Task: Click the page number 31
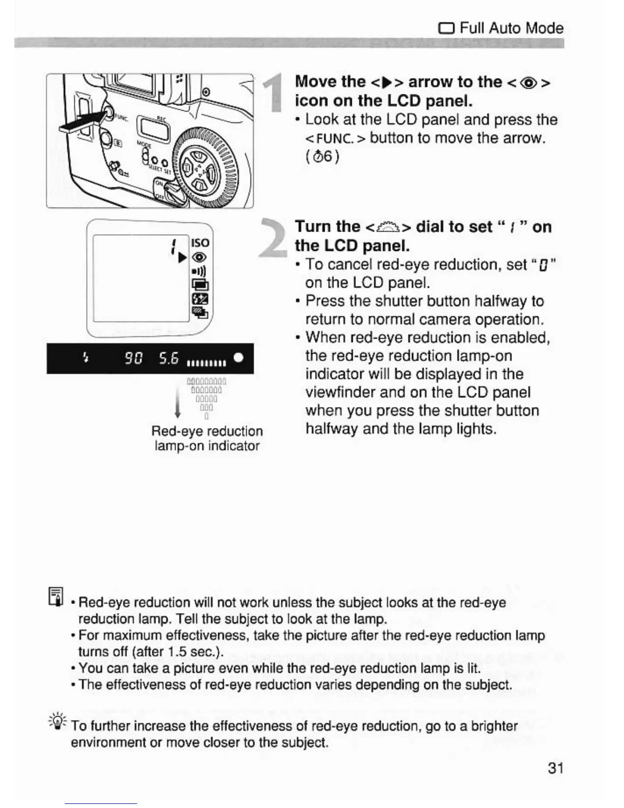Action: pos(555,768)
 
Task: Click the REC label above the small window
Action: pos(161,117)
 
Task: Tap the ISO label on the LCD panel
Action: pos(200,243)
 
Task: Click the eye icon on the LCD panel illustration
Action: pos(200,258)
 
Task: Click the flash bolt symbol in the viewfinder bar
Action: pos(86,359)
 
